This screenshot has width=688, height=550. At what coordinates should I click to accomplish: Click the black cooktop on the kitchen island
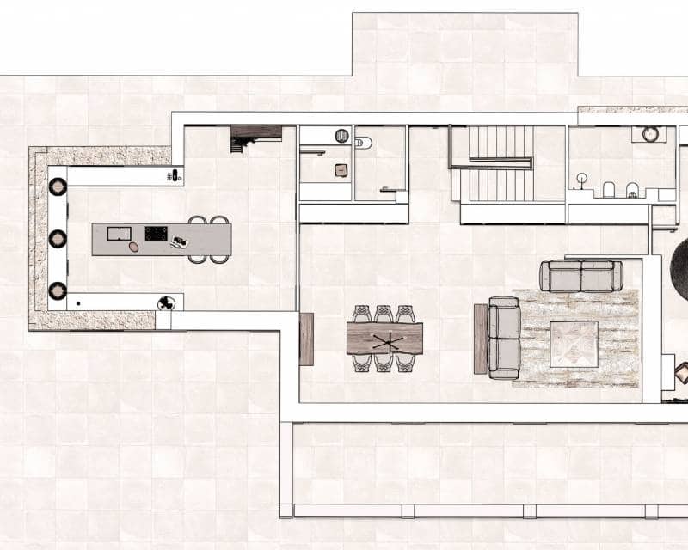[x=156, y=233]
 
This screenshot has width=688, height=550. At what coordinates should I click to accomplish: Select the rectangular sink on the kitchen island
[x=119, y=233]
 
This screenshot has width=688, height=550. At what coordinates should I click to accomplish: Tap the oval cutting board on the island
[x=133, y=247]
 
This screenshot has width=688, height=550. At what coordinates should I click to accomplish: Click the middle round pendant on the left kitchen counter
[x=58, y=238]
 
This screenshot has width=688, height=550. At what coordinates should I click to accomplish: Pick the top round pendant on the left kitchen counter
[x=58, y=186]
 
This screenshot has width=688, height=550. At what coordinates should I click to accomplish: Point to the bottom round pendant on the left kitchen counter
[x=58, y=290]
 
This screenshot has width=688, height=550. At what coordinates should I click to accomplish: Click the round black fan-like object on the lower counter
[x=166, y=302]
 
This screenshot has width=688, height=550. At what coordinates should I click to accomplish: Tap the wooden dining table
[x=384, y=339]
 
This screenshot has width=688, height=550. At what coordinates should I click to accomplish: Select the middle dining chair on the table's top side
[x=384, y=314]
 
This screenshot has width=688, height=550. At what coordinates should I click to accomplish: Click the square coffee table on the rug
[x=574, y=344]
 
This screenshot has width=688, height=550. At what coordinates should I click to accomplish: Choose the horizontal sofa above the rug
[x=581, y=276]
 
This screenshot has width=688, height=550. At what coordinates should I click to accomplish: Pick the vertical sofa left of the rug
[x=504, y=338]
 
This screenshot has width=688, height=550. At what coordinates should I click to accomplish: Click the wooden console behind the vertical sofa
[x=481, y=339]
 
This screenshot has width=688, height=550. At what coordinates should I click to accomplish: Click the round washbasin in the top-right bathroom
[x=650, y=134]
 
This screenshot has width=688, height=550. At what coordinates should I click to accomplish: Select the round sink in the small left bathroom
[x=342, y=135]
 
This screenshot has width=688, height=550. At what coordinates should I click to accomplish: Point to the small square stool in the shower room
[x=341, y=169]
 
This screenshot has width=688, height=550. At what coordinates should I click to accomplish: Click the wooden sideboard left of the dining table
[x=306, y=339]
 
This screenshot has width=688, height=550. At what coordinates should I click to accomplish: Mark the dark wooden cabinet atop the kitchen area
[x=255, y=134]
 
